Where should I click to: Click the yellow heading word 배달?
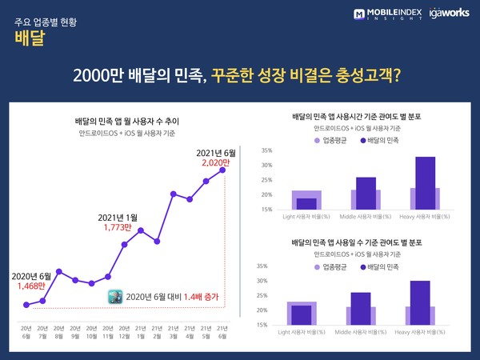click(x=29, y=41)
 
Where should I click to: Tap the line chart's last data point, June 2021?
click(x=222, y=170)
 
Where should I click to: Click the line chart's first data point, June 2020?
click(x=26, y=304)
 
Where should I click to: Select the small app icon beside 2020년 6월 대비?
click(x=116, y=295)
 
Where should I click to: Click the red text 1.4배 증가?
click(x=198, y=296)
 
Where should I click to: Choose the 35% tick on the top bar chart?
click(x=266, y=150)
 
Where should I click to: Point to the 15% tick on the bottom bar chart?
click(x=262, y=325)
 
